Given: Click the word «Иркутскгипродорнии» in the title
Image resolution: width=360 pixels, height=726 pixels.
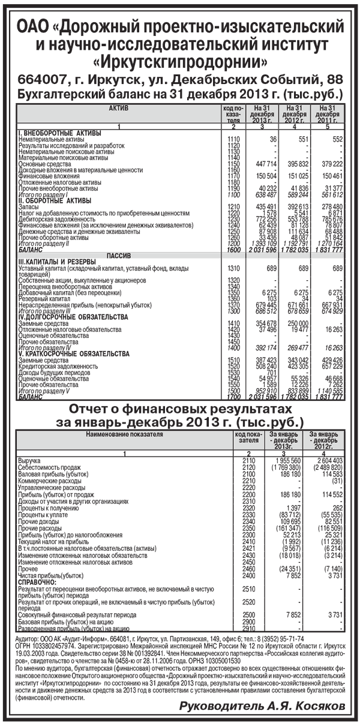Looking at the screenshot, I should pyautogui.click(x=181, y=61).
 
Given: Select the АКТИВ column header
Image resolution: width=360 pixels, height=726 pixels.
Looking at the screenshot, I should pyautogui.click(x=114, y=107).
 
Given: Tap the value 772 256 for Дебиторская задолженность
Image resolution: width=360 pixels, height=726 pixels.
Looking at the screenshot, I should pyautogui.click(x=263, y=219).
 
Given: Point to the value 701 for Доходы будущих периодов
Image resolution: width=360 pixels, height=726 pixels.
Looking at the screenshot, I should pyautogui.click(x=269, y=373).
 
